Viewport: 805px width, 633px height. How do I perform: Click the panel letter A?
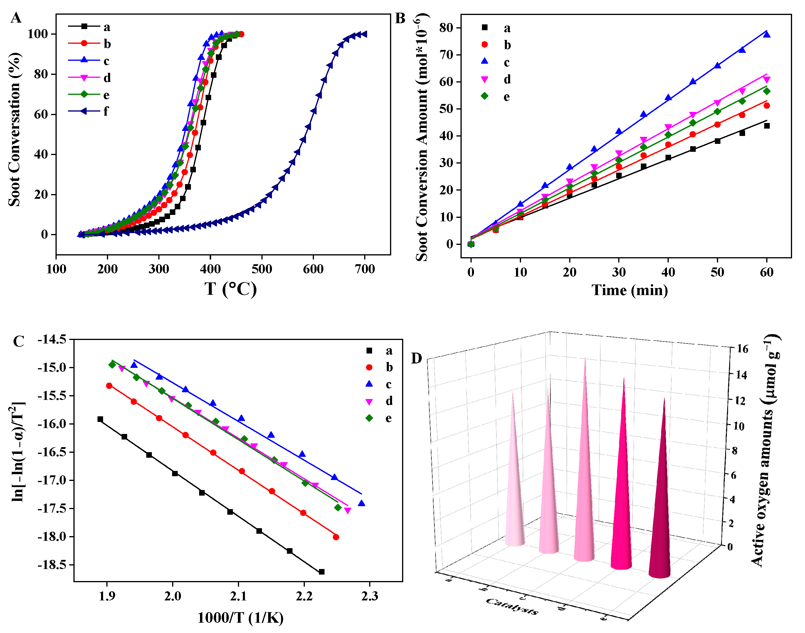[16, 18]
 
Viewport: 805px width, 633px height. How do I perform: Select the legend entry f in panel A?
[106, 111]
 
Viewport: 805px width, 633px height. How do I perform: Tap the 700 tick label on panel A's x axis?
[365, 269]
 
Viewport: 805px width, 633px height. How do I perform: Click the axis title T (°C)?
[231, 289]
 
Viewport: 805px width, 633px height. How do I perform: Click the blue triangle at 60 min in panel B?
[767, 35]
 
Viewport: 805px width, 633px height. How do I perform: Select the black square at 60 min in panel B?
[767, 126]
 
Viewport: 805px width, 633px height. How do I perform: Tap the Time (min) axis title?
[630, 290]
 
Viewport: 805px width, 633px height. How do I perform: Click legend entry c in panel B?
[507, 62]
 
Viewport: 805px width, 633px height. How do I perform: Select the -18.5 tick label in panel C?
[52, 565]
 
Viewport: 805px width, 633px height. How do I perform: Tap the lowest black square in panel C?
[322, 572]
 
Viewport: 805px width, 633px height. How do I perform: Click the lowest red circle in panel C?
[336, 537]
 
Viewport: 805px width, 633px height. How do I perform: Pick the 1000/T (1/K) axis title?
[240, 618]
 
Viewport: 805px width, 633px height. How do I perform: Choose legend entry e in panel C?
[388, 418]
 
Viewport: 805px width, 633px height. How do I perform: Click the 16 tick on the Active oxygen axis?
[742, 349]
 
